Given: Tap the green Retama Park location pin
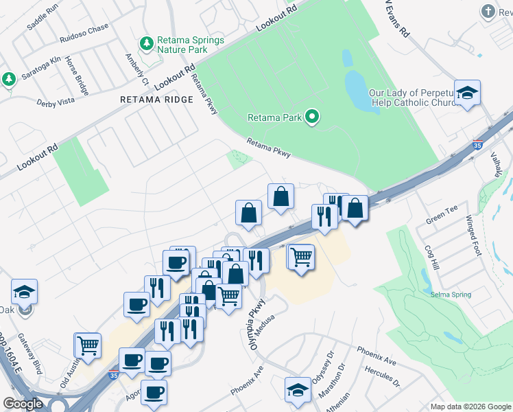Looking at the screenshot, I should click(x=313, y=117).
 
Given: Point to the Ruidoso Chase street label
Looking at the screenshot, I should click(x=84, y=28).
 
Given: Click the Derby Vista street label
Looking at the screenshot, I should click(x=55, y=102).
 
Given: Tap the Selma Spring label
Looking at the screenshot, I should click(x=451, y=295).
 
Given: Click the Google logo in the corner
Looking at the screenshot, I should click(x=23, y=404).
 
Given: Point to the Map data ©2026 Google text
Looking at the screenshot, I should click(x=470, y=407).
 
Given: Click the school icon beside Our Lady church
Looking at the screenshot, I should click(x=467, y=93).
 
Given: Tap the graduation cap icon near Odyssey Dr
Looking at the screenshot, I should click(x=298, y=390).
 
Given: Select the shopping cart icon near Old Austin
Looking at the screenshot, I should click(x=88, y=346).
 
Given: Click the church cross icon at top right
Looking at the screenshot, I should click(x=488, y=12).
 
